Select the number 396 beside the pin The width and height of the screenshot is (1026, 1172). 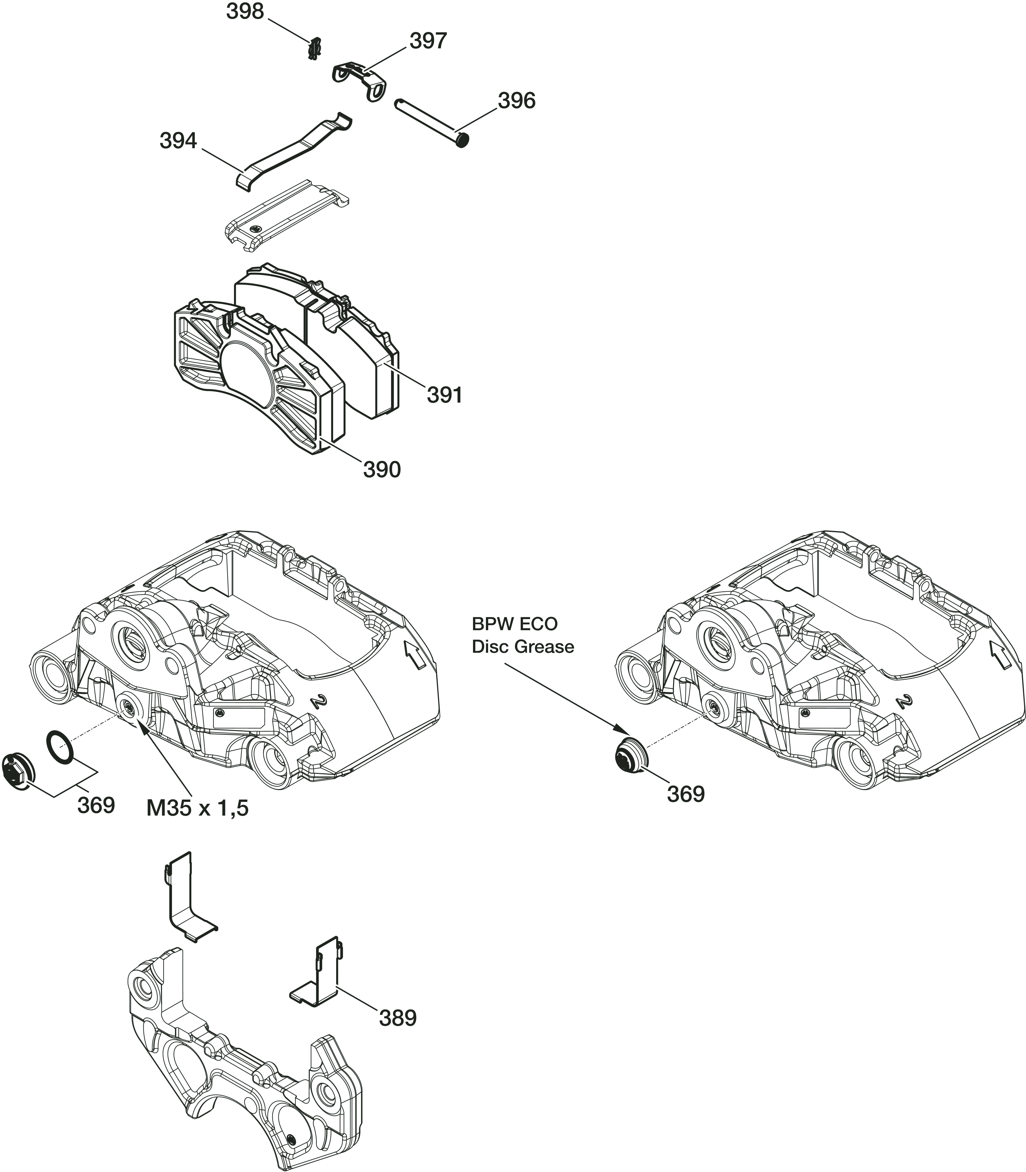[x=516, y=101]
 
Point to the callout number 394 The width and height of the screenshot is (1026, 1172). [x=178, y=141]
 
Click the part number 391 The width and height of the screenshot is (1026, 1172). [x=444, y=395]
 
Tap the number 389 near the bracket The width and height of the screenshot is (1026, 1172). [x=398, y=1094]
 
